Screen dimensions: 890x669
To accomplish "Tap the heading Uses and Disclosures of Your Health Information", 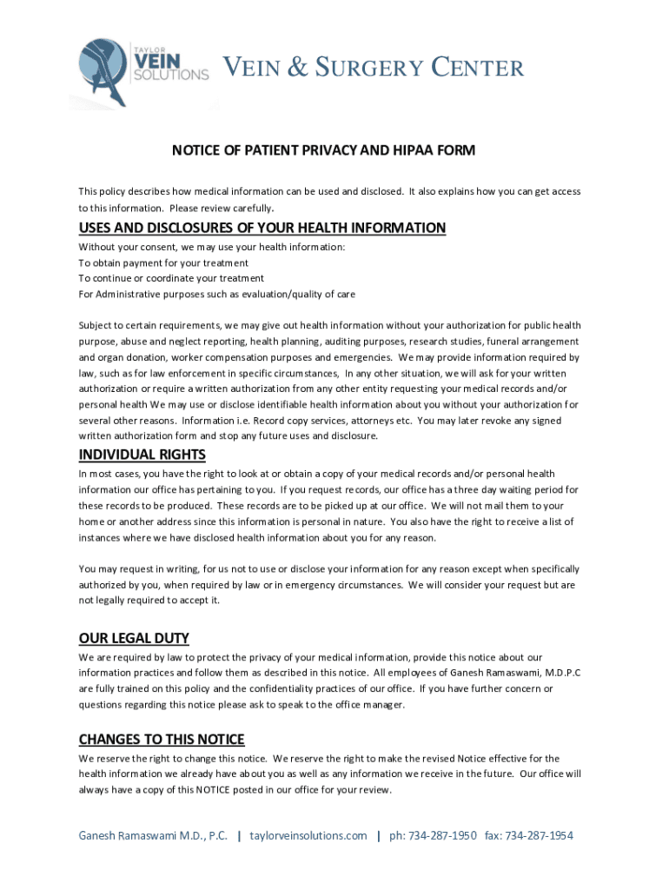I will pyautogui.click(x=262, y=228).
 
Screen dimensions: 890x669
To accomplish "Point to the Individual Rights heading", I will pyautogui.click(x=142, y=455).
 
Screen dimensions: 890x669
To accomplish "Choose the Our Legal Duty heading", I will pyautogui.click(x=134, y=638).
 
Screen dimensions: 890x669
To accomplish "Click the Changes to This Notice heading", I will pyautogui.click(x=162, y=739).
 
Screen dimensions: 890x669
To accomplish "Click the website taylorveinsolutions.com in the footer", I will pyautogui.click(x=308, y=835).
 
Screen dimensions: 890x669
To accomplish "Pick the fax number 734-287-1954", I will pyautogui.click(x=540, y=835).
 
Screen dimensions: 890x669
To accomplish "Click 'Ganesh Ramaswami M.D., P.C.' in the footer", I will pyautogui.click(x=153, y=835).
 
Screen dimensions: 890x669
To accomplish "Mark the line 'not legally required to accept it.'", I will pyautogui.click(x=149, y=600).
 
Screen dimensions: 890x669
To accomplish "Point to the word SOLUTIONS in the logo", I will pyautogui.click(x=170, y=76).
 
